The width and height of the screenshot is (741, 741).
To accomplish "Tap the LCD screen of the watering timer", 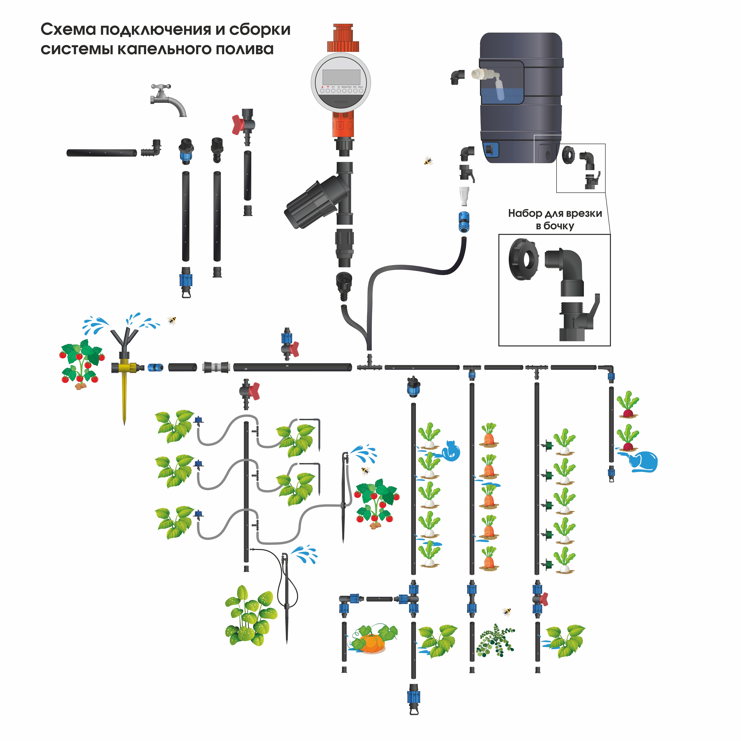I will click(x=341, y=78).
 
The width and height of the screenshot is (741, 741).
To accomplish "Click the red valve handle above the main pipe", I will click(x=294, y=349).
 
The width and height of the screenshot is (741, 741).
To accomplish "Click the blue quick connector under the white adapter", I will click(x=463, y=222).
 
